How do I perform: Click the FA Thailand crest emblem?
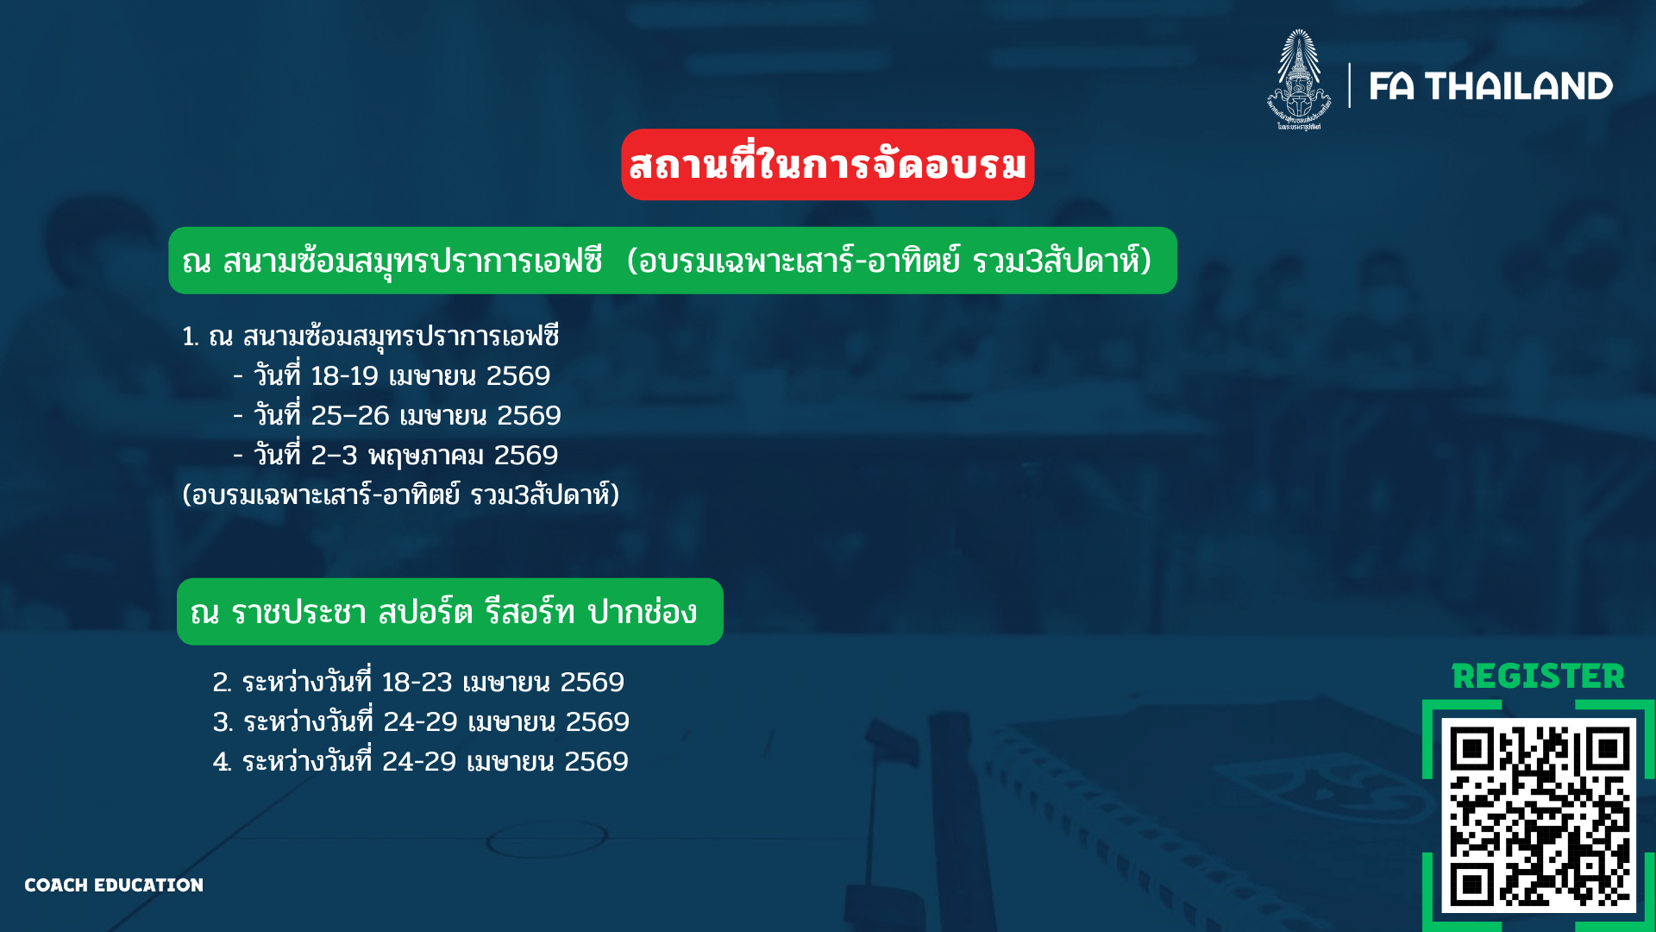tap(1299, 79)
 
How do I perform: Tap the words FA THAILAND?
tap(1490, 86)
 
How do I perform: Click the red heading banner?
tap(828, 165)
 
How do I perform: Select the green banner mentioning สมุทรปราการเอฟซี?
tap(673, 261)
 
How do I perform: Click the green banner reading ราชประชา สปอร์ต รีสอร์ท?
tap(450, 612)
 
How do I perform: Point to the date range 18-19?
tap(345, 376)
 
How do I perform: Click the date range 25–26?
tap(350, 416)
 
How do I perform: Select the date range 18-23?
tap(417, 683)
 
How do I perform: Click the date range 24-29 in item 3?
tap(420, 722)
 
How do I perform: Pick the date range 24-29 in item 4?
tap(419, 762)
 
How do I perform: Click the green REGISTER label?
tap(1538, 677)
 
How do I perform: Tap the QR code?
tap(1539, 816)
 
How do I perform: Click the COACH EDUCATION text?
tap(114, 885)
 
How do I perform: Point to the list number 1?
tap(190, 337)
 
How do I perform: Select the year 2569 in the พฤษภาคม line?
tap(526, 456)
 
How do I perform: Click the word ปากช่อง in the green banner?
tap(643, 613)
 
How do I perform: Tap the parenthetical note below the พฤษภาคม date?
tap(401, 495)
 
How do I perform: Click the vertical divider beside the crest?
tap(1350, 85)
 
